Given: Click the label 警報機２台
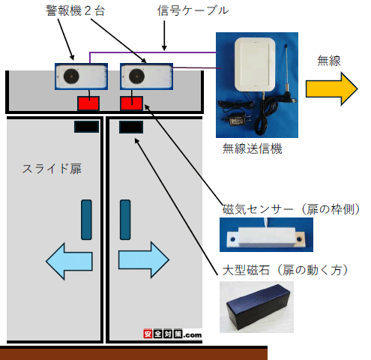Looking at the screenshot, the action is pos(75,11).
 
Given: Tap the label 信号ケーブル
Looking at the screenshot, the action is pos(193,11).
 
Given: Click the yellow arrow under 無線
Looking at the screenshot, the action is pos(332,88).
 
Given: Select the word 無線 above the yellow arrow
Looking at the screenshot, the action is pos(329,61).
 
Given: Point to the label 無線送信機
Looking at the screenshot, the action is pos(253,148).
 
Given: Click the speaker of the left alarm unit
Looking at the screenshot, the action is pos(71,76).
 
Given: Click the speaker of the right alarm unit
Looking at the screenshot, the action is pos(136,76).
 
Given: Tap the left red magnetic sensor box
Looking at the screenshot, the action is pos(88,103).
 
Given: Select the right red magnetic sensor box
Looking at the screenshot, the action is pos(132,103).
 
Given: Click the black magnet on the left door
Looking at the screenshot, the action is pos(86,127).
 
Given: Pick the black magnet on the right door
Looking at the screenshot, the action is pos(131,127).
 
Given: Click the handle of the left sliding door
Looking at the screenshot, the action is pos(86,220).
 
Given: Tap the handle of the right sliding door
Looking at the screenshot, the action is pos(125,220).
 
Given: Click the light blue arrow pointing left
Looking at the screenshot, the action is pos(69,261).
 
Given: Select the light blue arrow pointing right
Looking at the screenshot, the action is pos(144,260).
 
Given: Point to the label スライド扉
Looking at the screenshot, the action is pos(52,169).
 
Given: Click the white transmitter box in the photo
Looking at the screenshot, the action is pos(255,64).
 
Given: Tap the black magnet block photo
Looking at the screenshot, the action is pos(259,306).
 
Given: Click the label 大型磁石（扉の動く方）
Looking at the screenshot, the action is pos(285,270).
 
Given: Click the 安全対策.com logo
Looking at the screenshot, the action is pos(172,334).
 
